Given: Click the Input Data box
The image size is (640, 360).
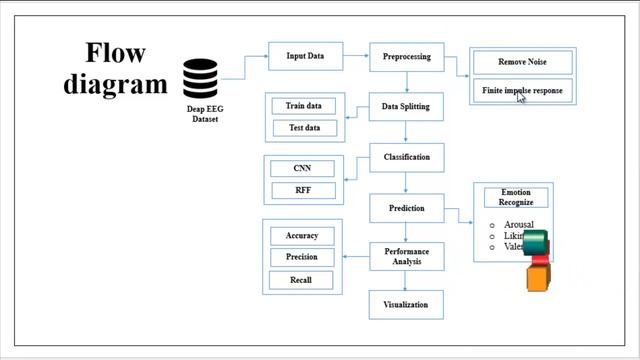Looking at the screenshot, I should (305, 56).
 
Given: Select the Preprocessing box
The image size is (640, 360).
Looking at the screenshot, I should (406, 57).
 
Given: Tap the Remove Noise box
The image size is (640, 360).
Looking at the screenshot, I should (522, 62).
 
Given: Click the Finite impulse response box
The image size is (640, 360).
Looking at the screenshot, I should (522, 91).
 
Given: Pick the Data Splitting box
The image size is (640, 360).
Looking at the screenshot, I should (406, 106).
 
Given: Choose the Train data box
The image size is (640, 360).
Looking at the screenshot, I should (303, 105).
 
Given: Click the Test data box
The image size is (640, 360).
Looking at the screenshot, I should (303, 128).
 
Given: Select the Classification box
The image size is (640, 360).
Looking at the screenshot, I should (406, 157).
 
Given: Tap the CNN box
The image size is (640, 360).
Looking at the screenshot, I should (302, 168).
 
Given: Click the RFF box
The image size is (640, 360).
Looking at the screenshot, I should (302, 190).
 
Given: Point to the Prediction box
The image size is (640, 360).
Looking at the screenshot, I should (406, 208).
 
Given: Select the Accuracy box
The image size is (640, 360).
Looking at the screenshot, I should (302, 236).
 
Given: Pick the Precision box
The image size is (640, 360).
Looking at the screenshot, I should (302, 257).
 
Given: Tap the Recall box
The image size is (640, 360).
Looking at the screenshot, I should (302, 280).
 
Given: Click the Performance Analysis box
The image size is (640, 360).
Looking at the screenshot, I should (406, 257).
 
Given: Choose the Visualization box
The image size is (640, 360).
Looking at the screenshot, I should (406, 304).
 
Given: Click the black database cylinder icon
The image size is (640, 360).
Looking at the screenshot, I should (200, 79).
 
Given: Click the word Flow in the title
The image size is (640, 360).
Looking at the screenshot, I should (115, 53).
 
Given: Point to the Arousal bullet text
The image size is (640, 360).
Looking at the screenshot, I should (518, 225).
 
